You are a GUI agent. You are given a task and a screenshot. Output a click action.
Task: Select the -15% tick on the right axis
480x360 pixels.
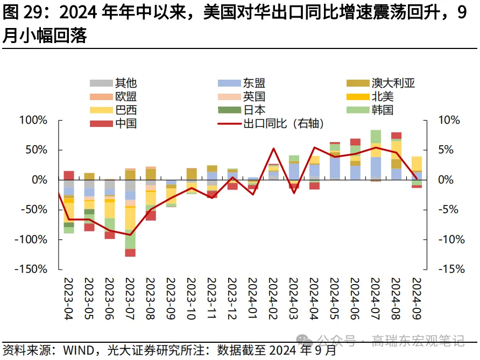click(x=449, y=269)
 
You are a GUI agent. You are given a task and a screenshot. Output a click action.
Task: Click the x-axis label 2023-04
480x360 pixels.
click(x=69, y=299)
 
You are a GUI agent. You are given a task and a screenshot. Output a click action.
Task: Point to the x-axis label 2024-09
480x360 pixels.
click(x=417, y=299)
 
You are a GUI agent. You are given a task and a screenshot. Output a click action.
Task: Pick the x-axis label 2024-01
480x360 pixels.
click(x=253, y=299)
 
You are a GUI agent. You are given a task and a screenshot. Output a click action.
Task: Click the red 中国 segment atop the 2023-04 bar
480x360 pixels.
click(x=69, y=175)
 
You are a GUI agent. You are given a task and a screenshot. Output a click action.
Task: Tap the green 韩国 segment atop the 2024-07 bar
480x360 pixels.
click(x=376, y=136)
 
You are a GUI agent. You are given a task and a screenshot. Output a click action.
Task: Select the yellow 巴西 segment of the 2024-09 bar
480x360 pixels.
click(x=417, y=163)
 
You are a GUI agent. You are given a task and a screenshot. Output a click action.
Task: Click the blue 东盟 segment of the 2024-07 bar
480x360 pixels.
click(x=376, y=167)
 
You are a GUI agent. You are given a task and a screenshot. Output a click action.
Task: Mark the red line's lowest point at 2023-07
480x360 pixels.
click(x=130, y=235)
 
